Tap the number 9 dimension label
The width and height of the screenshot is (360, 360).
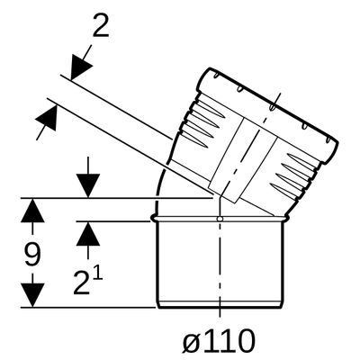tap(32, 255)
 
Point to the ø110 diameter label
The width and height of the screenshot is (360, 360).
tap(219, 341)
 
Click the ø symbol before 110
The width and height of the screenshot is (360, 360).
tap(191, 343)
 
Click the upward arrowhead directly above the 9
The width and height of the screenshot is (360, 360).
tap(32, 211)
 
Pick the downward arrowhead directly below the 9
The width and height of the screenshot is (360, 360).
tap(32, 295)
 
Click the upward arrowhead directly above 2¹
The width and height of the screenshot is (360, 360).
tap(88, 234)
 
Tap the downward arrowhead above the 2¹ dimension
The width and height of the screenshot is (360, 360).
tap(88, 185)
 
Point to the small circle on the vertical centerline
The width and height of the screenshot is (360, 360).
tap(220, 219)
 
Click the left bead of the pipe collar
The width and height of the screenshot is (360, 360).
tap(154, 219)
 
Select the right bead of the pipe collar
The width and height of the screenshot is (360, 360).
tap(285, 219)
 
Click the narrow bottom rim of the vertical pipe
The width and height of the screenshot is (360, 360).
tap(220, 304)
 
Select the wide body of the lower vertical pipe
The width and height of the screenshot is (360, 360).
tap(220, 261)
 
